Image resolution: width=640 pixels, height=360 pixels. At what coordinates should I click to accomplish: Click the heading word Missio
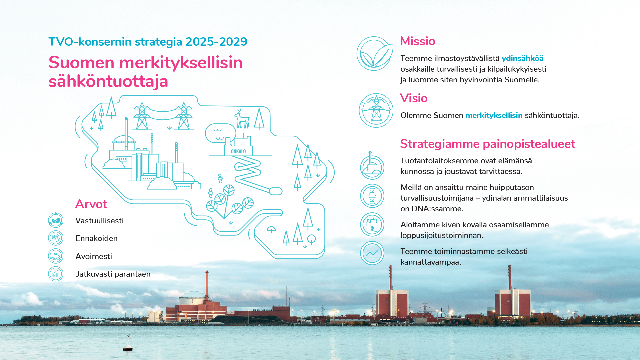point(418,41)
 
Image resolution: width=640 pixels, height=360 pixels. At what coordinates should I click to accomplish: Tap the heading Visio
point(414,98)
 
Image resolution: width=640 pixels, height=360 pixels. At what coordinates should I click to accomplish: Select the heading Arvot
point(91,204)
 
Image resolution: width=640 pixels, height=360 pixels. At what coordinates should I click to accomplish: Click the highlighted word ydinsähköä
point(522,59)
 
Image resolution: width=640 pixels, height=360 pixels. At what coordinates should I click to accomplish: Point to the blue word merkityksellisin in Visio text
point(494,116)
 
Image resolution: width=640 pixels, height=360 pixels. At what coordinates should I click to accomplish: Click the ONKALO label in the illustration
point(238,151)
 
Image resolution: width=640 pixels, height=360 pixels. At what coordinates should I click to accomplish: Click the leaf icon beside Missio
point(375,54)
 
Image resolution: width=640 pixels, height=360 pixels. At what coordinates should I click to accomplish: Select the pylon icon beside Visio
point(376,110)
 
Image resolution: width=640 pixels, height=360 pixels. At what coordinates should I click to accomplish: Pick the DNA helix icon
point(372,196)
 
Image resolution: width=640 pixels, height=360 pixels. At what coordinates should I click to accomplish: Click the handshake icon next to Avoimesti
point(56,256)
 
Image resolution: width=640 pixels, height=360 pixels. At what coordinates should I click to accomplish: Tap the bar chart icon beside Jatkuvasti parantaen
point(56,274)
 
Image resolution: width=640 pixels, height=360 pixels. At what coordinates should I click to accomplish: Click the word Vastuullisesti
point(100,221)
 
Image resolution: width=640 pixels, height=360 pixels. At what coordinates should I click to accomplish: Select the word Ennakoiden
point(97,238)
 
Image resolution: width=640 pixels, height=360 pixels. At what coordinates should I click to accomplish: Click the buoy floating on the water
point(128,343)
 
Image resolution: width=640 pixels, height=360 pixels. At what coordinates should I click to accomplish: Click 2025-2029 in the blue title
point(216,42)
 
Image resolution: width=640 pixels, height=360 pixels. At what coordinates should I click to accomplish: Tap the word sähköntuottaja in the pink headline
point(108,81)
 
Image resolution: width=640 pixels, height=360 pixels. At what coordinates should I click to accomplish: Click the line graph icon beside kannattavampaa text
point(372,253)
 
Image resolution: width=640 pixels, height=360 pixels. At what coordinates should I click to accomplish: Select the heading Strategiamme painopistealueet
point(488,144)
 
